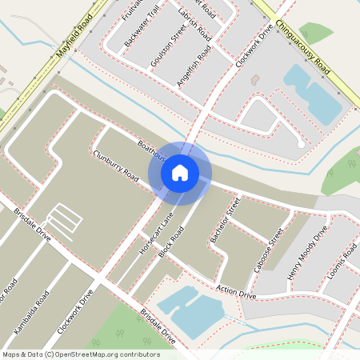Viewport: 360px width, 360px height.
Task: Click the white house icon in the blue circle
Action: [180, 172]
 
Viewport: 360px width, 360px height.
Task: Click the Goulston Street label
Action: [167, 45]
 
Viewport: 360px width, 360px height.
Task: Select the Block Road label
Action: [172, 241]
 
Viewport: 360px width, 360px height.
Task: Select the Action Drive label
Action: [236, 291]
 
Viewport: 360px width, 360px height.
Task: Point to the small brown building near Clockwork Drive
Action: [255, 80]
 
